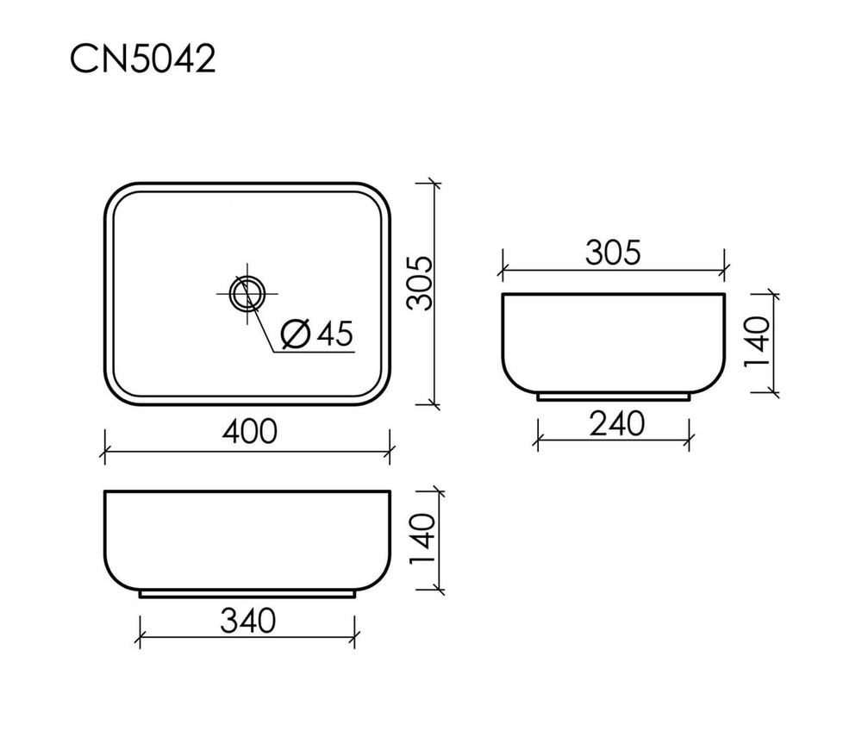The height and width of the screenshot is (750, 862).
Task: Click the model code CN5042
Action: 141,60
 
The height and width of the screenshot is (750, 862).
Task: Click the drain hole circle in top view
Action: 247,292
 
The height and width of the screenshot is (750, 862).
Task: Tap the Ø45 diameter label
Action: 318,334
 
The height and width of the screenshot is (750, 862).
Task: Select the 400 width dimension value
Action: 249,430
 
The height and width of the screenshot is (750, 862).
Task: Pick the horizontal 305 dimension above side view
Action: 613,253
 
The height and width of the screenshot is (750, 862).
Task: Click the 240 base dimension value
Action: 616,423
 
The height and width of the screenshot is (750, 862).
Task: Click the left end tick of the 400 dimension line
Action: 104,449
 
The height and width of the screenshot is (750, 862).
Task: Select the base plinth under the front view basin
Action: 247,594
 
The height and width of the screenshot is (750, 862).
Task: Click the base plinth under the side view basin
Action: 613,397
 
